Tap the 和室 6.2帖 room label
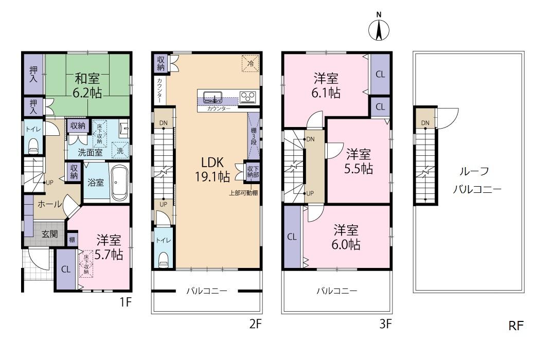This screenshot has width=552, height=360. (x=87, y=85)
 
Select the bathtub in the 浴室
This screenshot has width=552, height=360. (x=120, y=183)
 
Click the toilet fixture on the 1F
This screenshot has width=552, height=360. (x=33, y=146)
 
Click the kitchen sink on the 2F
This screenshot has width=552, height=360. (x=212, y=96)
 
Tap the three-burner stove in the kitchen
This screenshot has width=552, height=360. (x=248, y=97)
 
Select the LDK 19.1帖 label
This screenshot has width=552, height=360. (x=212, y=169)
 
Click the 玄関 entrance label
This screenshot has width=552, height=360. (x=49, y=234)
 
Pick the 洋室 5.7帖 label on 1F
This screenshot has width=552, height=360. (x=109, y=247)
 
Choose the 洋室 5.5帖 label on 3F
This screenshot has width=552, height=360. (x=359, y=161)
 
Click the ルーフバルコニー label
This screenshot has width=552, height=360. (x=476, y=181)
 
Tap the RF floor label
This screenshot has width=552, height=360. (x=516, y=326)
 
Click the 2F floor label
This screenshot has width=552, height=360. (x=256, y=323)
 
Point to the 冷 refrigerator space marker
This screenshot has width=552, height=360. (x=251, y=64)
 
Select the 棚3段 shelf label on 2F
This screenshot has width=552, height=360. (x=254, y=136)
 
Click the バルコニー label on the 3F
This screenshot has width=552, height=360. (x=337, y=291)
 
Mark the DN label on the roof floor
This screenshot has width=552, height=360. (x=425, y=123)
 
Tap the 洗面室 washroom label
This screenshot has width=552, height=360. (x=90, y=152)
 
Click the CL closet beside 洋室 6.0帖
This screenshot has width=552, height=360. (x=292, y=237)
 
